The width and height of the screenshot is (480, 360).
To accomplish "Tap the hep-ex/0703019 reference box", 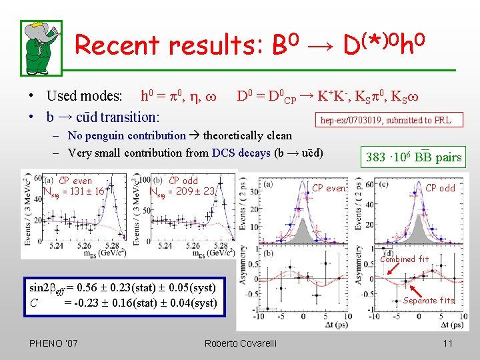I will click(385, 120).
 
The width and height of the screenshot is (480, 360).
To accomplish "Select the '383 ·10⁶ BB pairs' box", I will click(413, 157).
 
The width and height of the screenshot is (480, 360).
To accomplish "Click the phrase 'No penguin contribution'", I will click(127, 136).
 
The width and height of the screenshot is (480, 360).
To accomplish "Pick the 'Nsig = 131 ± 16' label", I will click(73, 191).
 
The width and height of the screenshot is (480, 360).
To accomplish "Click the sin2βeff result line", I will click(123, 288).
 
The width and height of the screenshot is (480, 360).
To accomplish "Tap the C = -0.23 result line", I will click(123, 303).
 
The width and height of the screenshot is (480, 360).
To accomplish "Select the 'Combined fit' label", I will click(405, 259).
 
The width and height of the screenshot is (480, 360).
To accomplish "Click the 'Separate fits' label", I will click(429, 300).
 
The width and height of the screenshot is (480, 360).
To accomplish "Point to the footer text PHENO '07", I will click(53, 343).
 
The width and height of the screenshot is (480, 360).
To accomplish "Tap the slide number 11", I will click(447, 343).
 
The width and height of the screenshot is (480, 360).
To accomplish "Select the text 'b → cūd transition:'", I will click(103, 117).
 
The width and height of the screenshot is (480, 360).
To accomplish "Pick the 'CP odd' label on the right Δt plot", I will click(441, 188).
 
